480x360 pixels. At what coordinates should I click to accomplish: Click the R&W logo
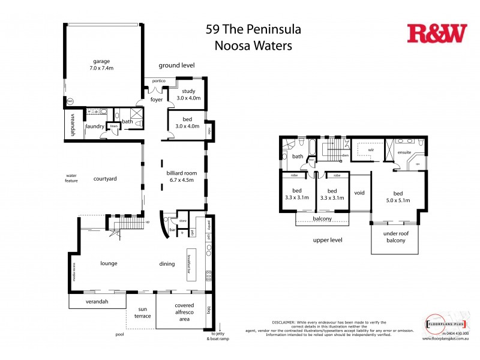point(436,34)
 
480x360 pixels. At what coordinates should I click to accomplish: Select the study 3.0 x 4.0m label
point(188,94)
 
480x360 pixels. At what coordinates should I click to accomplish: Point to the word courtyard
point(105,178)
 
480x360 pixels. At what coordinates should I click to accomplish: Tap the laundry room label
point(95,126)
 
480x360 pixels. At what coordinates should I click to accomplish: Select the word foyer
point(157,100)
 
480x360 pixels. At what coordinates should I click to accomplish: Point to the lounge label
point(109,263)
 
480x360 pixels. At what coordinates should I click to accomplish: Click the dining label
point(167,263)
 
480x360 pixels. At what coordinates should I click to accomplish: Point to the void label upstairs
point(359,193)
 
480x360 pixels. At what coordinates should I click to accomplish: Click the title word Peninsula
point(270,29)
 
